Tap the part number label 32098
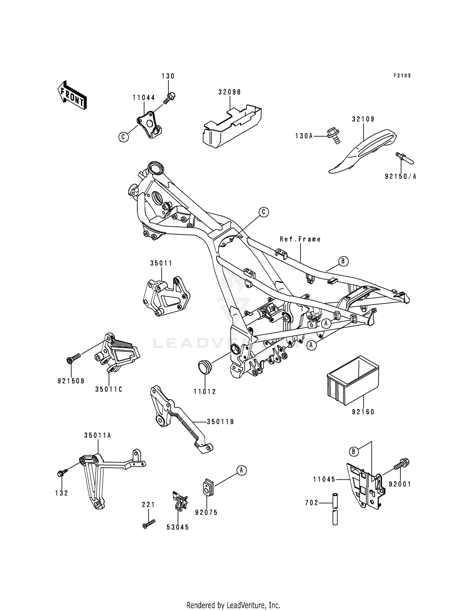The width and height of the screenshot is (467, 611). (230, 92)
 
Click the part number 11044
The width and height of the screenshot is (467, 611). (144, 97)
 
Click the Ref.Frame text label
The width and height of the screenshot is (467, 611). (300, 239)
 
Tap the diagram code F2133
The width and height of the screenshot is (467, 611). (402, 75)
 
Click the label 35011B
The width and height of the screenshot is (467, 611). (220, 422)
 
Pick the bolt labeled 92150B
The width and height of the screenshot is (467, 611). (73, 357)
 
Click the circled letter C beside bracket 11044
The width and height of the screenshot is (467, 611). (124, 137)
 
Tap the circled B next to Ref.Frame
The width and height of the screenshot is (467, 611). (343, 261)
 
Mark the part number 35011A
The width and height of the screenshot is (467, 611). (97, 435)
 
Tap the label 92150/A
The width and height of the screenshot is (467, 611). (400, 177)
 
